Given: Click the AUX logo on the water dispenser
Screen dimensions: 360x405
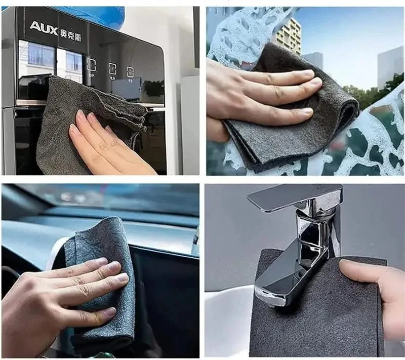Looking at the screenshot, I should tap(44, 27).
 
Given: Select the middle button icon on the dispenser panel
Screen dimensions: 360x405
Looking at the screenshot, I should tap(111, 68).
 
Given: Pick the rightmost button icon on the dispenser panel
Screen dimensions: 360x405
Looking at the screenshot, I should tap(131, 71).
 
